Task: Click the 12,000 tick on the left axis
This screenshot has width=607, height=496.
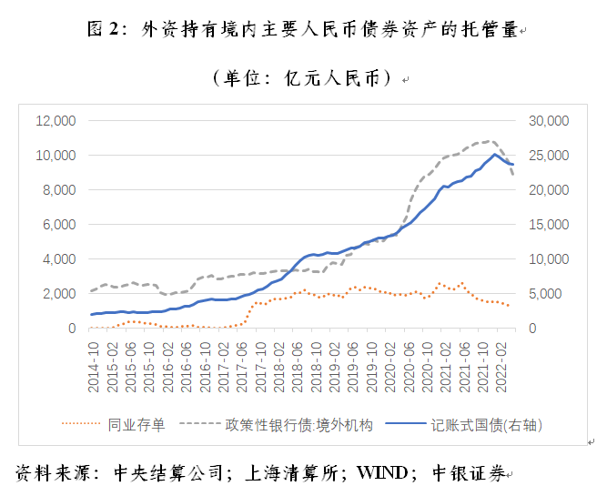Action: [x=56, y=121]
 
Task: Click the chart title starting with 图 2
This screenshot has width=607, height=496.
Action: [x=302, y=31]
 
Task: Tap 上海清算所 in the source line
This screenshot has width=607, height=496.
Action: [x=289, y=474]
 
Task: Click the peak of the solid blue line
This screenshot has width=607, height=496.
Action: [x=494, y=154]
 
